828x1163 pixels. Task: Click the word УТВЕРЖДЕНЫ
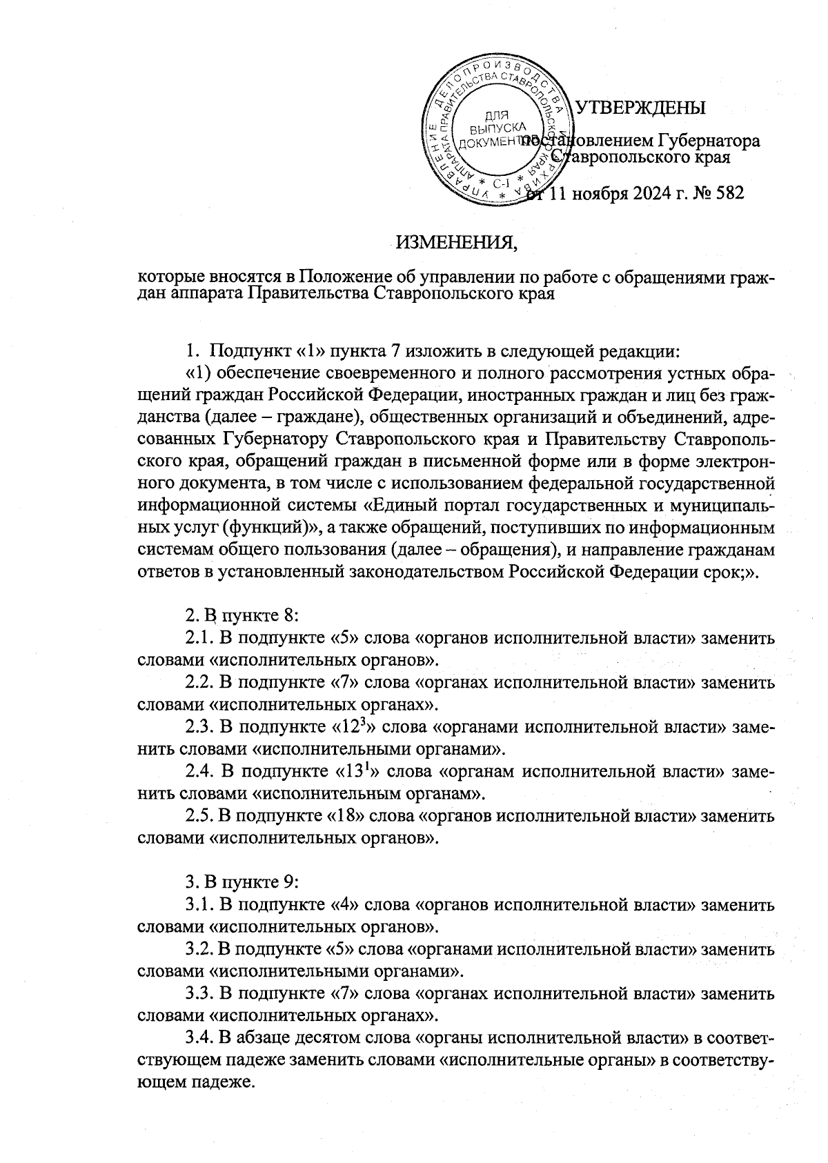(x=640, y=108)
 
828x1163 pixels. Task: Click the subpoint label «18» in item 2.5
(x=346, y=817)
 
